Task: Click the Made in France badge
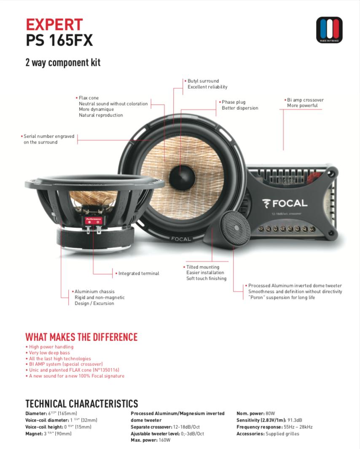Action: [x=329, y=30]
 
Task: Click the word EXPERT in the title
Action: [x=54, y=24]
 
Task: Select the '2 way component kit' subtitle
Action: [x=63, y=63]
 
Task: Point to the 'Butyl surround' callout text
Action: [x=203, y=81]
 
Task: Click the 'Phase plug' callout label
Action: [x=234, y=102]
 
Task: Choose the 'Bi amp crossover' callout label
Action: [x=305, y=100]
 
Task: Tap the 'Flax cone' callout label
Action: [x=89, y=98]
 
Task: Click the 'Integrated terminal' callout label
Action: [x=139, y=273]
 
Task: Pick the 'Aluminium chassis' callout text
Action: [x=94, y=292]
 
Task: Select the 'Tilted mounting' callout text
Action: [x=203, y=267]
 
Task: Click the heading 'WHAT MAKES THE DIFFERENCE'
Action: [x=81, y=337]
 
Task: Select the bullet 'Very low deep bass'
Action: [x=49, y=353]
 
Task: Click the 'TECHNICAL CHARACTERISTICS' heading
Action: [x=81, y=403]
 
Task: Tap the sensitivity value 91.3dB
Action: [x=295, y=420]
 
